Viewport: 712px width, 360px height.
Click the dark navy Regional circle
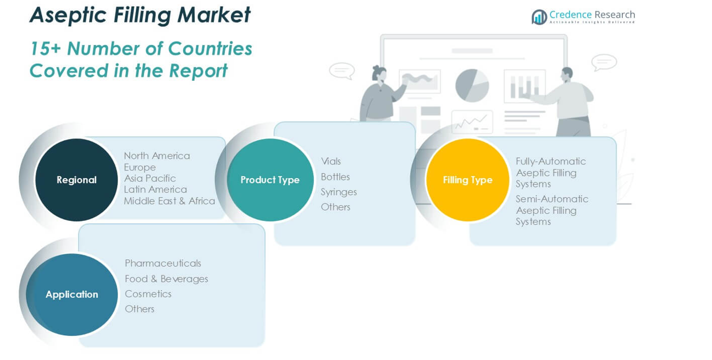click(76, 180)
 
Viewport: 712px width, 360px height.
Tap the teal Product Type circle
click(270, 180)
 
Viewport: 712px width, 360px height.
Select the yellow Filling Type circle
click(467, 180)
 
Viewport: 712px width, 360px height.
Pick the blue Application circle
click(72, 294)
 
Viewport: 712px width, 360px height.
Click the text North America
click(157, 156)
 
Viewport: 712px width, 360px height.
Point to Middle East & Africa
click(169, 201)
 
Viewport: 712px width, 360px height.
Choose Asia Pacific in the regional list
click(150, 178)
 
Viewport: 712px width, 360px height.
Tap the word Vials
click(331, 161)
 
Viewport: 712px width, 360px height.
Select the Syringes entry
click(339, 192)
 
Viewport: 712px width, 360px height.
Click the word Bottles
click(335, 176)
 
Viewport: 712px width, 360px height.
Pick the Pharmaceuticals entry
click(163, 263)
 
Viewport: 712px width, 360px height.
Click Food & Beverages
click(166, 279)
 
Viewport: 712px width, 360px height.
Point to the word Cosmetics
click(148, 294)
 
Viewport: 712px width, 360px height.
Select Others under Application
click(140, 309)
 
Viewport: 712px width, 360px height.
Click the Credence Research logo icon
click(539, 16)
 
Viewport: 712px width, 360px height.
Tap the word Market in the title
click(214, 15)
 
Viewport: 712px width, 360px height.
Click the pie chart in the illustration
click(472, 86)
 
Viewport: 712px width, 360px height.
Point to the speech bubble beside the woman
click(342, 70)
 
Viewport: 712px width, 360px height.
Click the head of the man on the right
click(566, 74)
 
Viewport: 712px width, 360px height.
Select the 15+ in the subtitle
click(45, 48)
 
